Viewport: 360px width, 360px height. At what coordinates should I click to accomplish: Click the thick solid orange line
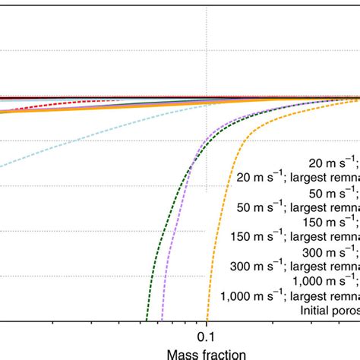pos(76,106)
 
